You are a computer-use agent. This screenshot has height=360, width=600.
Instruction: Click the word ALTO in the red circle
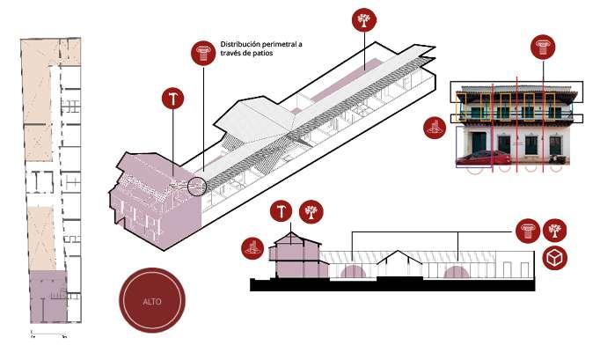coord(153,302)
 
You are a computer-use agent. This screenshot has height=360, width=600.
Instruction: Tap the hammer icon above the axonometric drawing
coord(173,98)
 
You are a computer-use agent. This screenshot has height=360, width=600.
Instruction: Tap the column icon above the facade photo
coord(542,47)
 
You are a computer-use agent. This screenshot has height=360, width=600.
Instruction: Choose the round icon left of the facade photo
coord(432,128)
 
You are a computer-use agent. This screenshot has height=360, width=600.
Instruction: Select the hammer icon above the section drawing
coord(282,211)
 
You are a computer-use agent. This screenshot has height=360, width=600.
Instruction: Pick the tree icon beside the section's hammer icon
coord(311,211)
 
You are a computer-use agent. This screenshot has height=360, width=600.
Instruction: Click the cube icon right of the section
coord(555,259)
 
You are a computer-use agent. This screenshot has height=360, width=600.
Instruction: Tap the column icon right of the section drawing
coord(527,231)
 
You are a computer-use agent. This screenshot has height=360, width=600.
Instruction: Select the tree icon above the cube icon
coord(555,231)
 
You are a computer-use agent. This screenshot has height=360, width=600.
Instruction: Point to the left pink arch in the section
coord(353,270)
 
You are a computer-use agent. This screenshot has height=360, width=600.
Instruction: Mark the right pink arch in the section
coord(456,272)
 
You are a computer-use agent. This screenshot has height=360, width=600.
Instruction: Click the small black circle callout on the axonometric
coord(197,187)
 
